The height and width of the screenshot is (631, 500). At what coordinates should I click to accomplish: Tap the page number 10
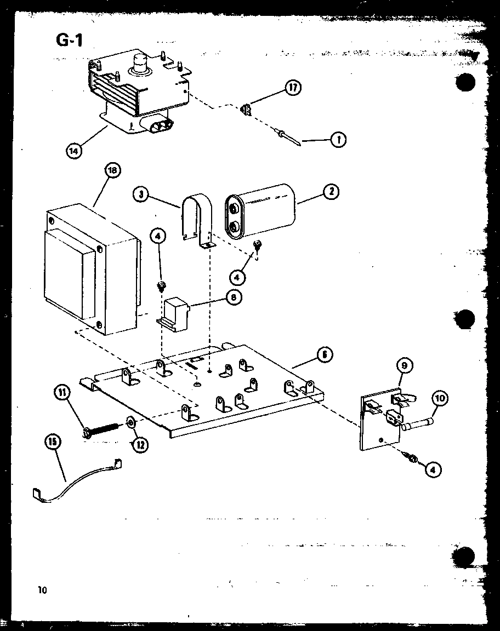[43, 589]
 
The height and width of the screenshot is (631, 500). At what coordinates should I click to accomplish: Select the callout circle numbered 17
[293, 87]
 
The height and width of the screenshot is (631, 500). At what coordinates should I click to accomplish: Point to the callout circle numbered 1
[338, 140]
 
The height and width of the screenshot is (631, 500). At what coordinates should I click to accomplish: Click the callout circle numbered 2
[331, 191]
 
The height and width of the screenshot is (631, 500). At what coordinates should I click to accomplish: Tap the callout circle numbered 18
[111, 171]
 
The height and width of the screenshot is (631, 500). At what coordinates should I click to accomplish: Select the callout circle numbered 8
[234, 297]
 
